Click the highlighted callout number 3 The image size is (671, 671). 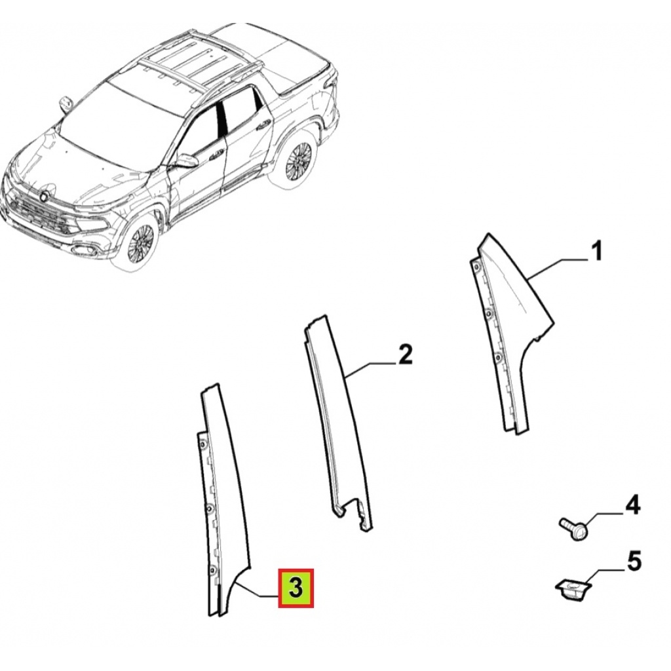coord(296,588)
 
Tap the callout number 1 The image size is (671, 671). coord(596,251)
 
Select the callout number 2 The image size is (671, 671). coord(405,355)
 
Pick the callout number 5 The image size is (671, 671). coord(634,562)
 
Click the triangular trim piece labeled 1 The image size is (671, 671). coord(509,334)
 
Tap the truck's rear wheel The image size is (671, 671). coord(298,160)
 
